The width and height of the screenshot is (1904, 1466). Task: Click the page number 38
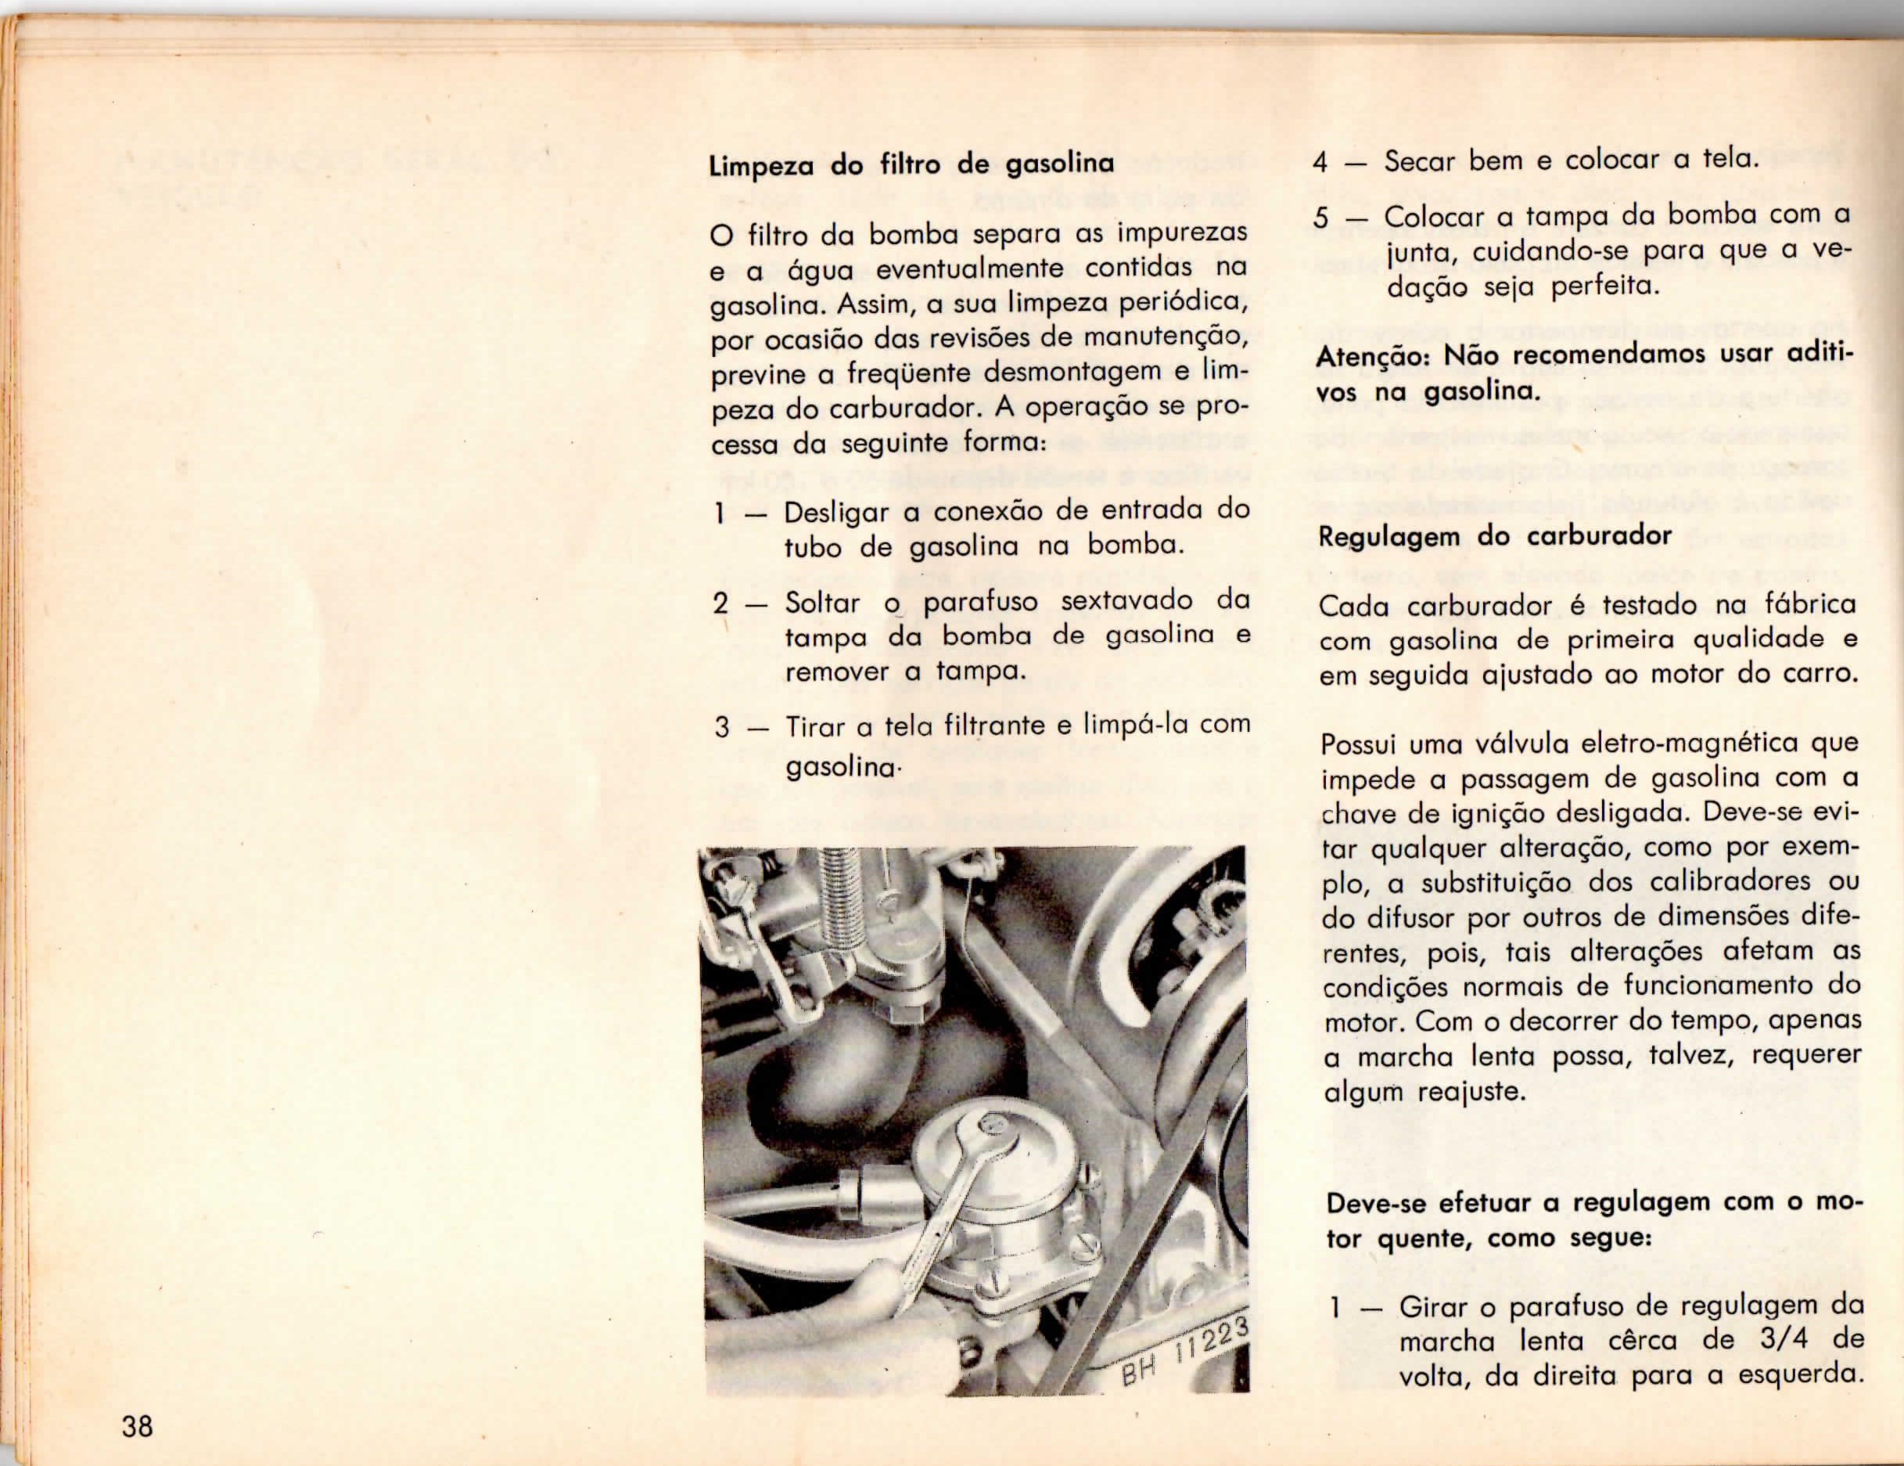pos(138,1428)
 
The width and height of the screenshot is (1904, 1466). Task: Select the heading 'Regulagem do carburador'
pos(1495,535)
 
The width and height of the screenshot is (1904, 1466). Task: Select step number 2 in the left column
pos(721,602)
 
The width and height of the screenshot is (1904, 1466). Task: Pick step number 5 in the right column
pos(1323,217)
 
